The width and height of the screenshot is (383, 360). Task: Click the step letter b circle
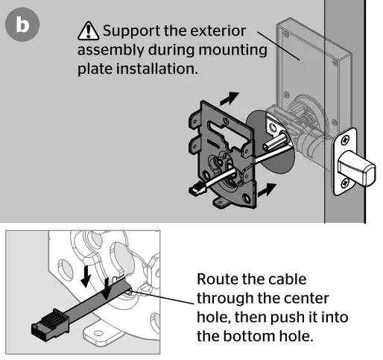[22, 25]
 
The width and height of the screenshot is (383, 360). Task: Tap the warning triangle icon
[89, 31]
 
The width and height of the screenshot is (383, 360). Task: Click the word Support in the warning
[131, 31]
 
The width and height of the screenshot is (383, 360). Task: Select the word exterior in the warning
[218, 31]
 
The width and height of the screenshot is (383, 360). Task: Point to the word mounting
[233, 51]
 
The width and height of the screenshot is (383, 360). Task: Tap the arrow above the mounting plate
[230, 98]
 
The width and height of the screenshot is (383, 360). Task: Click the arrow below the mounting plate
[267, 190]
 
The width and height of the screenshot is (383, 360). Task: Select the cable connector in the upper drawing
[197, 189]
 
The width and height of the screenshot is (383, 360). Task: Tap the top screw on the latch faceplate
[345, 140]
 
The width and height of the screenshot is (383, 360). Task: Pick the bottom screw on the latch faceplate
[345, 183]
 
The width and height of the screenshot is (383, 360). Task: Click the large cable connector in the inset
[51, 325]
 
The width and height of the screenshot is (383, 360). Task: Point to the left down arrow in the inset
[86, 277]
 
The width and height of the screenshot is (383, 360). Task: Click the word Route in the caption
[218, 280]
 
